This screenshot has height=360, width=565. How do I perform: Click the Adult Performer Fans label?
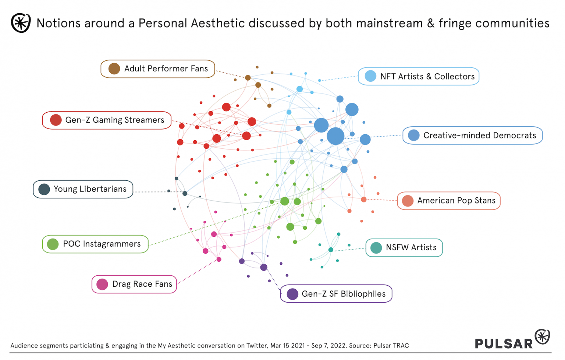coord(158,69)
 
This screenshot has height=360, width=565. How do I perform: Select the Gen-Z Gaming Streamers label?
coord(107,120)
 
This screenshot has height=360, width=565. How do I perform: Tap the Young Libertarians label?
coord(83,189)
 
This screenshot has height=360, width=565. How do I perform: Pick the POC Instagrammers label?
coord(95,244)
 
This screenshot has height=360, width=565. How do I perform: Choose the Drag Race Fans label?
coord(134,284)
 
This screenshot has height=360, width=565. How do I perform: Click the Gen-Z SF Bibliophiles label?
coord(336,294)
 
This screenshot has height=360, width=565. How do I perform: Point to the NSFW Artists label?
coord(404,248)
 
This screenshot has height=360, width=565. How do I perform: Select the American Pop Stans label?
coord(449,201)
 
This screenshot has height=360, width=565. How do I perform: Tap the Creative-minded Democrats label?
coord(472,135)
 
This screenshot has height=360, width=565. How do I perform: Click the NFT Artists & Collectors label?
coord(419,77)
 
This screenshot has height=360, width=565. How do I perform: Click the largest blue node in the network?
coord(335,136)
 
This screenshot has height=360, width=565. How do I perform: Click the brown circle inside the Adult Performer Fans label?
coord(114,69)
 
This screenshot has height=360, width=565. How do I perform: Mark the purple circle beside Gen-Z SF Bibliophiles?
coord(292,294)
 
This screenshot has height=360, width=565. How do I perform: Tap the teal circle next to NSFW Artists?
coord(376,248)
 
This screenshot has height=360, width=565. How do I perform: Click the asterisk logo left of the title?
coord(21,23)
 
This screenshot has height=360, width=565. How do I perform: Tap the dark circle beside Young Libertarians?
coord(44,189)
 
